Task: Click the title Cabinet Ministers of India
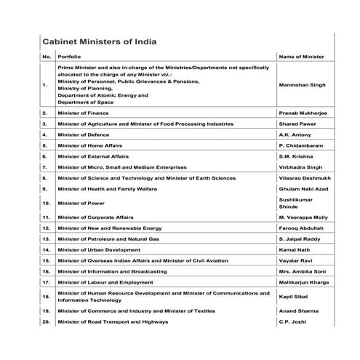pos(100,42)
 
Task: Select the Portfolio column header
pos(69,56)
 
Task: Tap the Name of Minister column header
pos(301,56)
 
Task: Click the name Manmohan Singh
pos(303,85)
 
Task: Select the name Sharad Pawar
pos(297,124)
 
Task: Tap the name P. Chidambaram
pos(300,145)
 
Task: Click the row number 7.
pos(45,167)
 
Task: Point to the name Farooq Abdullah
pos(301,228)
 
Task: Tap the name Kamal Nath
pos(295,249)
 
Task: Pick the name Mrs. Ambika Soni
pos(302,271)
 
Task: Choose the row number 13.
pos(46,239)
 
